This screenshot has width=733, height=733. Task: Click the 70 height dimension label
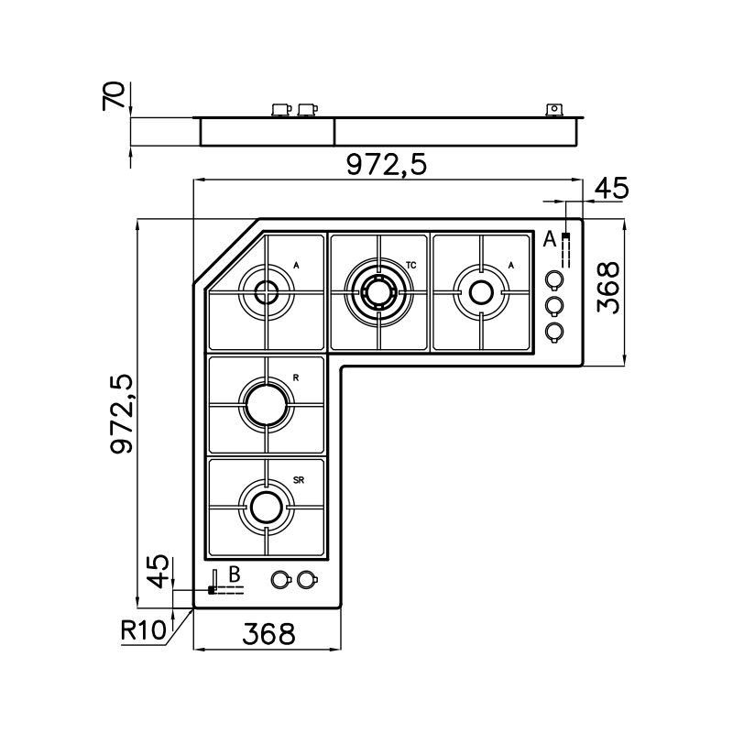(x=115, y=95)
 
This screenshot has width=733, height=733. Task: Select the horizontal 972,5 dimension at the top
(x=387, y=165)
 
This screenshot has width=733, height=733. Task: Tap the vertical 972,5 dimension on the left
(x=123, y=413)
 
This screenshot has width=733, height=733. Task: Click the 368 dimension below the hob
(x=268, y=633)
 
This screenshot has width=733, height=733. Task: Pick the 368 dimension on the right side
(x=608, y=288)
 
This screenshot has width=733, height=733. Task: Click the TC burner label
(x=411, y=265)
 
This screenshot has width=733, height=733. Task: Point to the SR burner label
(x=299, y=479)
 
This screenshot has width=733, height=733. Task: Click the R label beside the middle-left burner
(x=296, y=377)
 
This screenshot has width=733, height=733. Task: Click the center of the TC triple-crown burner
(x=377, y=292)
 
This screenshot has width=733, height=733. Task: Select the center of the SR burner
(x=266, y=506)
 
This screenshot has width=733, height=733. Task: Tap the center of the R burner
(x=266, y=402)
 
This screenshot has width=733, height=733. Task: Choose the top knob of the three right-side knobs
(x=554, y=279)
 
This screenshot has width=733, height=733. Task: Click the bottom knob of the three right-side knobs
(x=554, y=332)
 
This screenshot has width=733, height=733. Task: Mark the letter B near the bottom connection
(x=234, y=574)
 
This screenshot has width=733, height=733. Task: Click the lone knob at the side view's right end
(x=552, y=110)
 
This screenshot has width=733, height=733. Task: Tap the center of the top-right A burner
(x=480, y=292)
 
